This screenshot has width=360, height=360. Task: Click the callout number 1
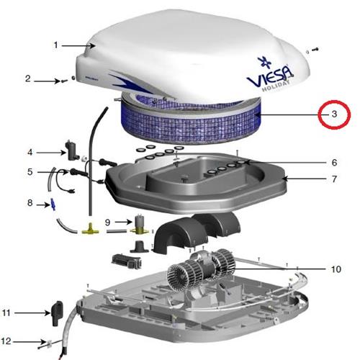(56, 45)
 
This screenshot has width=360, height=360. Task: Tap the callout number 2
(28, 78)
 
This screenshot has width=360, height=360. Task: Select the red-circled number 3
(334, 114)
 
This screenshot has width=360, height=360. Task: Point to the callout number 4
(30, 152)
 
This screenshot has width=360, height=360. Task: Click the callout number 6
(334, 163)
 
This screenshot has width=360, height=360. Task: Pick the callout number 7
(334, 179)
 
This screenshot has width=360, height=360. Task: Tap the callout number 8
(30, 203)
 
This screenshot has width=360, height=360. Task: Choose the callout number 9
(108, 222)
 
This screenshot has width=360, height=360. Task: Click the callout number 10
(336, 269)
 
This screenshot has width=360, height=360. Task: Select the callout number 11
(6, 312)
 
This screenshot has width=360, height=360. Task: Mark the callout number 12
(6, 341)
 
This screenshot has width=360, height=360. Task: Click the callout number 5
(30, 172)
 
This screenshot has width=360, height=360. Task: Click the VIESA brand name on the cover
(270, 76)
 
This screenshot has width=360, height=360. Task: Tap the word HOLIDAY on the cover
(276, 86)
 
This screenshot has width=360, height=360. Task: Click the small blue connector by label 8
(53, 204)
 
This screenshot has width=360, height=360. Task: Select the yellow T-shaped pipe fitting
(90, 229)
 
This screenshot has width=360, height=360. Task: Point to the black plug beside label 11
(57, 313)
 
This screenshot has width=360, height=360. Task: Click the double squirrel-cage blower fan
(201, 269)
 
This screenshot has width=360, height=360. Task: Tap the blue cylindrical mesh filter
(191, 120)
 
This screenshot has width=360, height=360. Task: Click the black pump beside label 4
(71, 150)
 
